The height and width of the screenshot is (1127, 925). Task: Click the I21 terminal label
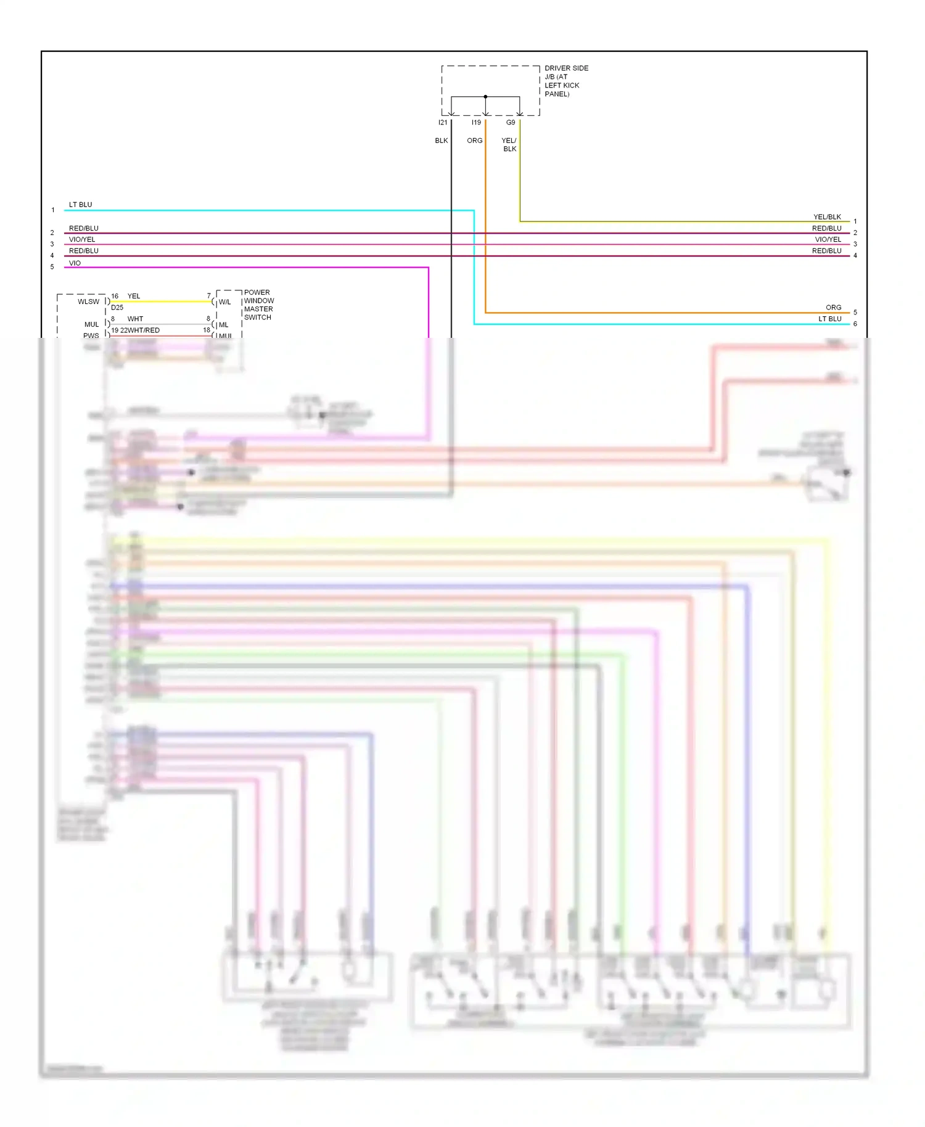point(443,123)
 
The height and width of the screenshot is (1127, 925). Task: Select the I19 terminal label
point(476,123)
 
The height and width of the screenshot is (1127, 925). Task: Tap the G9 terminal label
point(511,123)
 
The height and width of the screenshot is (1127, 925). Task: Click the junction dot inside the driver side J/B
point(485,97)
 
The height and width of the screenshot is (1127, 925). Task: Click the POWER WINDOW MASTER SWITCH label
point(258,305)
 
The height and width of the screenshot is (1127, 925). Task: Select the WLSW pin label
point(88,301)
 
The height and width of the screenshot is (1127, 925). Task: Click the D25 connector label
point(117,307)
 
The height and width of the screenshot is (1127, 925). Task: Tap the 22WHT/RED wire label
point(139,330)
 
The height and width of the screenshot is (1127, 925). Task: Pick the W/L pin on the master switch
point(224,302)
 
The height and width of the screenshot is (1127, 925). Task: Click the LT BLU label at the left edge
point(80,205)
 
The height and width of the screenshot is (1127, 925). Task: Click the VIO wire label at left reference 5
point(75,263)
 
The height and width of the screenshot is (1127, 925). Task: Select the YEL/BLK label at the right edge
point(827,217)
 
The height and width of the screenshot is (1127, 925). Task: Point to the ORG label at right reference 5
point(833,308)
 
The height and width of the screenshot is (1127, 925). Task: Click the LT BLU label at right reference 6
point(829,319)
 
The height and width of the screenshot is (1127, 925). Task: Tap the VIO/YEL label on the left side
point(82,240)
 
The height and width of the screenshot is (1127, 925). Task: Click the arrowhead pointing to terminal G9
point(520,113)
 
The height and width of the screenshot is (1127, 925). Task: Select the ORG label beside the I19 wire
point(474,141)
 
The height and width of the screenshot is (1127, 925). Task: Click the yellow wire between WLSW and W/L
point(160,301)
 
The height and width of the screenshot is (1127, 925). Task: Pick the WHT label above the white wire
point(135,319)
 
